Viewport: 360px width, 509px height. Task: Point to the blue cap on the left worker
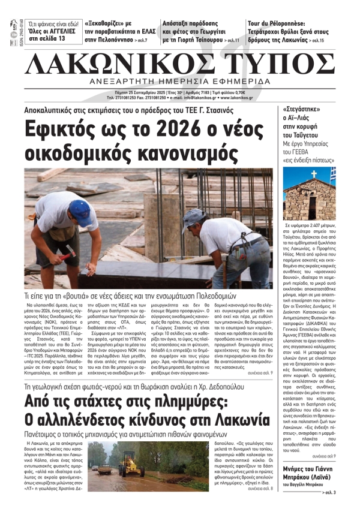pyautogui.click(x=80, y=209)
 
